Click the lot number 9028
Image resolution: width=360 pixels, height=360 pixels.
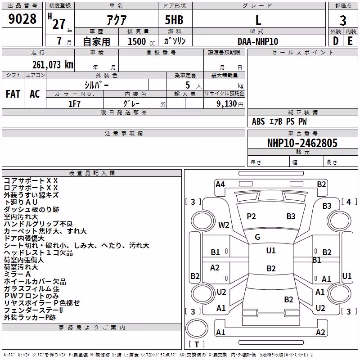(x=22, y=19)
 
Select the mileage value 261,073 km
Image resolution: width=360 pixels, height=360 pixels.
(x=53, y=65)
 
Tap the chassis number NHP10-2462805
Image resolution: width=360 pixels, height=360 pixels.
(x=302, y=143)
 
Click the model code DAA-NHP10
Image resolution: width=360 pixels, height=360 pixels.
(x=258, y=41)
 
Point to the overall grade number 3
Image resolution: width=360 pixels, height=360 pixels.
(x=343, y=21)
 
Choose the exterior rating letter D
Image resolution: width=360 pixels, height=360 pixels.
(x=336, y=41)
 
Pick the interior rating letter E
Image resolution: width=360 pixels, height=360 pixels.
(x=350, y=41)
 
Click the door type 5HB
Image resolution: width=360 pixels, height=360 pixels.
(x=174, y=20)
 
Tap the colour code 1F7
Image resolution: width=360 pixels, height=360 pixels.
(x=74, y=104)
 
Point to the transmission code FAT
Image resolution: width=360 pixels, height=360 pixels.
(x=13, y=94)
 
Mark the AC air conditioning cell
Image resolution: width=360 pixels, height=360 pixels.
(x=35, y=94)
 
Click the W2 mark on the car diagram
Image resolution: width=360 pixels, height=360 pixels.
(x=224, y=225)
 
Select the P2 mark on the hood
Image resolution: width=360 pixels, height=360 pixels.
(x=251, y=216)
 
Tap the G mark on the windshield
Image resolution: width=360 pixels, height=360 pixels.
(x=257, y=237)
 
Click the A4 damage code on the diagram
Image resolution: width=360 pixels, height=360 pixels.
(x=220, y=184)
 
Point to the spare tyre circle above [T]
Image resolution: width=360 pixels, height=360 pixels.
(x=197, y=328)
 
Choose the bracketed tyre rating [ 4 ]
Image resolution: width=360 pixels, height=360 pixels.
(x=349, y=202)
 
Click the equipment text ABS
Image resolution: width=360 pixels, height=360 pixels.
(x=258, y=121)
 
